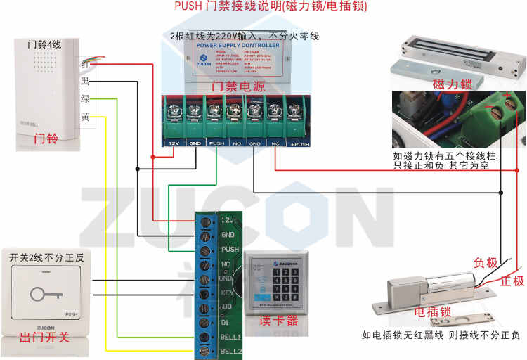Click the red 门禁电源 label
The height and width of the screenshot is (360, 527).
[x=238, y=86]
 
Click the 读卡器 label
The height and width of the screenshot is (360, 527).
[x=278, y=320]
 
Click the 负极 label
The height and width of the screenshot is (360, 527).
[x=486, y=263]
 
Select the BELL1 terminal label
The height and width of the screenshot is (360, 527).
[x=231, y=336]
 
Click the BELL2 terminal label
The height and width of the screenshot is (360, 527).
[x=231, y=349]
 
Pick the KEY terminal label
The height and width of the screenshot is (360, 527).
[x=227, y=292]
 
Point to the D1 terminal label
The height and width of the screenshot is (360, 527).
[x=226, y=321]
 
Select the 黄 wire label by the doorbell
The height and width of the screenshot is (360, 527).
[x=85, y=117]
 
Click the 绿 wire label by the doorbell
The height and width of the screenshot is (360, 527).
[x=85, y=99]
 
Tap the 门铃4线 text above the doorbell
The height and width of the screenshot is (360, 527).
[x=44, y=45]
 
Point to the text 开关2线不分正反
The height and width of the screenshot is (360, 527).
[x=46, y=258]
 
